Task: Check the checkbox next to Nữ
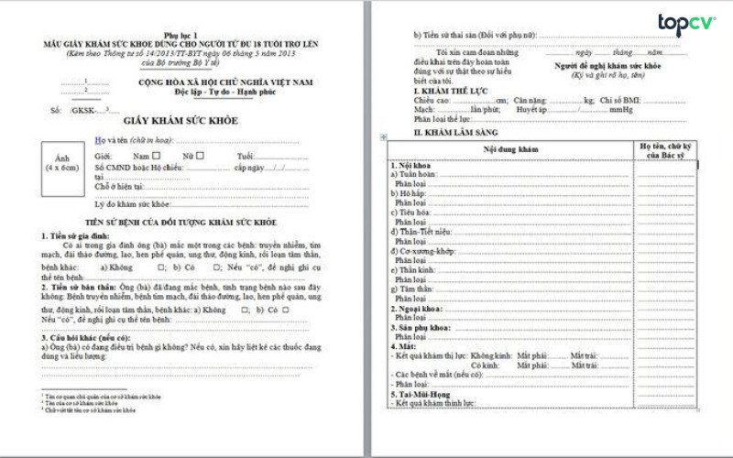tap(200, 156)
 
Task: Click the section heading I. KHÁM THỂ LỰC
tap(443, 93)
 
